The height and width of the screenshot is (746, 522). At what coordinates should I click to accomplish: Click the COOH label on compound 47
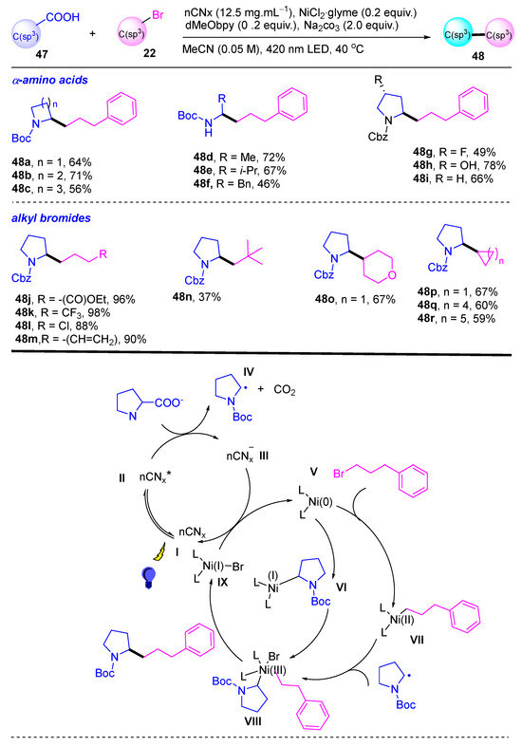tap(63, 17)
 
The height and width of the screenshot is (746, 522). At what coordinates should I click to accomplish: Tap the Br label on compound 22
tap(158, 15)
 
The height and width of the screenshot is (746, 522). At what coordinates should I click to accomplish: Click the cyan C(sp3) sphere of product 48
tap(457, 34)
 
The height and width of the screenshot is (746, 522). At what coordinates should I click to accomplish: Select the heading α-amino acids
tap(49, 80)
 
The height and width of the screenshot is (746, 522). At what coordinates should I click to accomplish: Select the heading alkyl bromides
tap(50, 218)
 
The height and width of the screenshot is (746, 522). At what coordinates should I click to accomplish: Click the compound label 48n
tap(183, 297)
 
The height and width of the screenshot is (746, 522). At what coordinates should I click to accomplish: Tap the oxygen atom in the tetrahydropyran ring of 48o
tap(393, 274)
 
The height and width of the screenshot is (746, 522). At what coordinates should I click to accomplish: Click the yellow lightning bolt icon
tap(158, 552)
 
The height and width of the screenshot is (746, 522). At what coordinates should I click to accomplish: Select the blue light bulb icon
tap(148, 578)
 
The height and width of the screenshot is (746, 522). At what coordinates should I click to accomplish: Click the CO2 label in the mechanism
tap(285, 390)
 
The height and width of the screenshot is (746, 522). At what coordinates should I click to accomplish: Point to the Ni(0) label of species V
tap(320, 502)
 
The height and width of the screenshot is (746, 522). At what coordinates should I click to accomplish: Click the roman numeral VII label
tap(417, 640)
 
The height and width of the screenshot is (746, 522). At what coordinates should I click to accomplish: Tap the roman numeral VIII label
tap(252, 721)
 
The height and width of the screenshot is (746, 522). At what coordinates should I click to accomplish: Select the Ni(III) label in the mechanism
tap(272, 670)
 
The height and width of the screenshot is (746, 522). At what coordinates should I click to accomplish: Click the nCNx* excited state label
tap(155, 476)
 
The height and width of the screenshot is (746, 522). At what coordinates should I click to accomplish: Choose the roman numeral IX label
tap(222, 582)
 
